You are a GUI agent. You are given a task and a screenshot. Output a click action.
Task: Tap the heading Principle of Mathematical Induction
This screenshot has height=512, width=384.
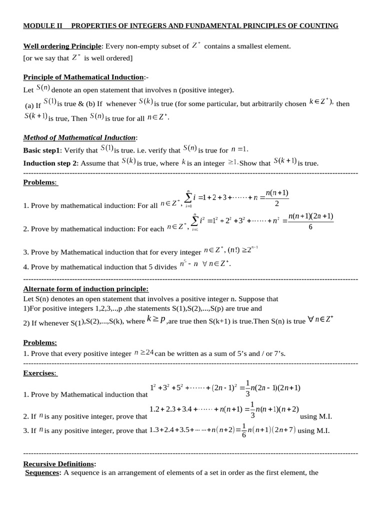(x=83, y=77)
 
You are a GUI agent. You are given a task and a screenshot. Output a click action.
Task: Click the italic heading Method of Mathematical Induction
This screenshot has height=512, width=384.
(x=79, y=137)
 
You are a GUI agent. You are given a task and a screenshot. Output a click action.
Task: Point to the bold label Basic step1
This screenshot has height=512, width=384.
(x=41, y=150)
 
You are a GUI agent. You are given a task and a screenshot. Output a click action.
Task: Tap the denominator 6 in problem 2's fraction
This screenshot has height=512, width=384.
(x=310, y=226)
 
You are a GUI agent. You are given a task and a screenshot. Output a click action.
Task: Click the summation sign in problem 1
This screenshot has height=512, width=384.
(x=188, y=198)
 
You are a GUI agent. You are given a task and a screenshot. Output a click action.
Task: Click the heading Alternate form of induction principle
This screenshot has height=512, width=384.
(x=86, y=289)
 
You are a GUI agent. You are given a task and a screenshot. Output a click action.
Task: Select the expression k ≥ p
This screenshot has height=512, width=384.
(x=156, y=320)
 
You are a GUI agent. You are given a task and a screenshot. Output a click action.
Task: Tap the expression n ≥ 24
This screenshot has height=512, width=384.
(x=144, y=353)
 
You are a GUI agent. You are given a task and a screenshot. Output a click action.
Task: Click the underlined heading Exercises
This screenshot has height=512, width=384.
(x=40, y=373)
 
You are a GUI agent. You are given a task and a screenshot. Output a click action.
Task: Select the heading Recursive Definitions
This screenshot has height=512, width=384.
(x=59, y=464)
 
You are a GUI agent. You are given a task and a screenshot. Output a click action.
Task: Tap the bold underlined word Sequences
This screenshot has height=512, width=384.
(x=42, y=472)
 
